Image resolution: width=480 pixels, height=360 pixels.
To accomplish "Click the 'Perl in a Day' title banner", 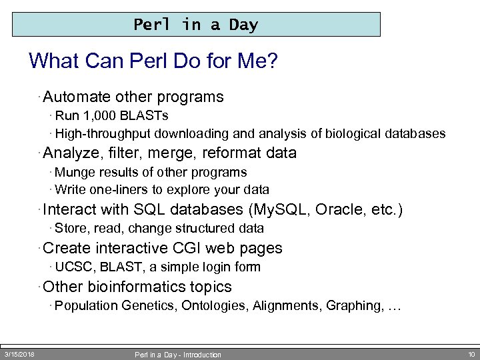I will (196, 25).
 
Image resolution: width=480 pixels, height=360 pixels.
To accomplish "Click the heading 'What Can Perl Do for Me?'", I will (153, 62).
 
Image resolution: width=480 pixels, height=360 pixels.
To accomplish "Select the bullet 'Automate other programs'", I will (133, 97).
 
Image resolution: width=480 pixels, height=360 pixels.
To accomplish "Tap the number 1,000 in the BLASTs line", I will (98, 115).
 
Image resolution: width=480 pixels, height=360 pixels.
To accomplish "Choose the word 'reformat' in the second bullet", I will (229, 153).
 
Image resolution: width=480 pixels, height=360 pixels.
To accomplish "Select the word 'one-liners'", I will (117, 190).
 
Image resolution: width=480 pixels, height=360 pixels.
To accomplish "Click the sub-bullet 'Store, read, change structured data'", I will (159, 229).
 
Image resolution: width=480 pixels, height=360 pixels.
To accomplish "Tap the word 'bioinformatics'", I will (137, 287).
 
